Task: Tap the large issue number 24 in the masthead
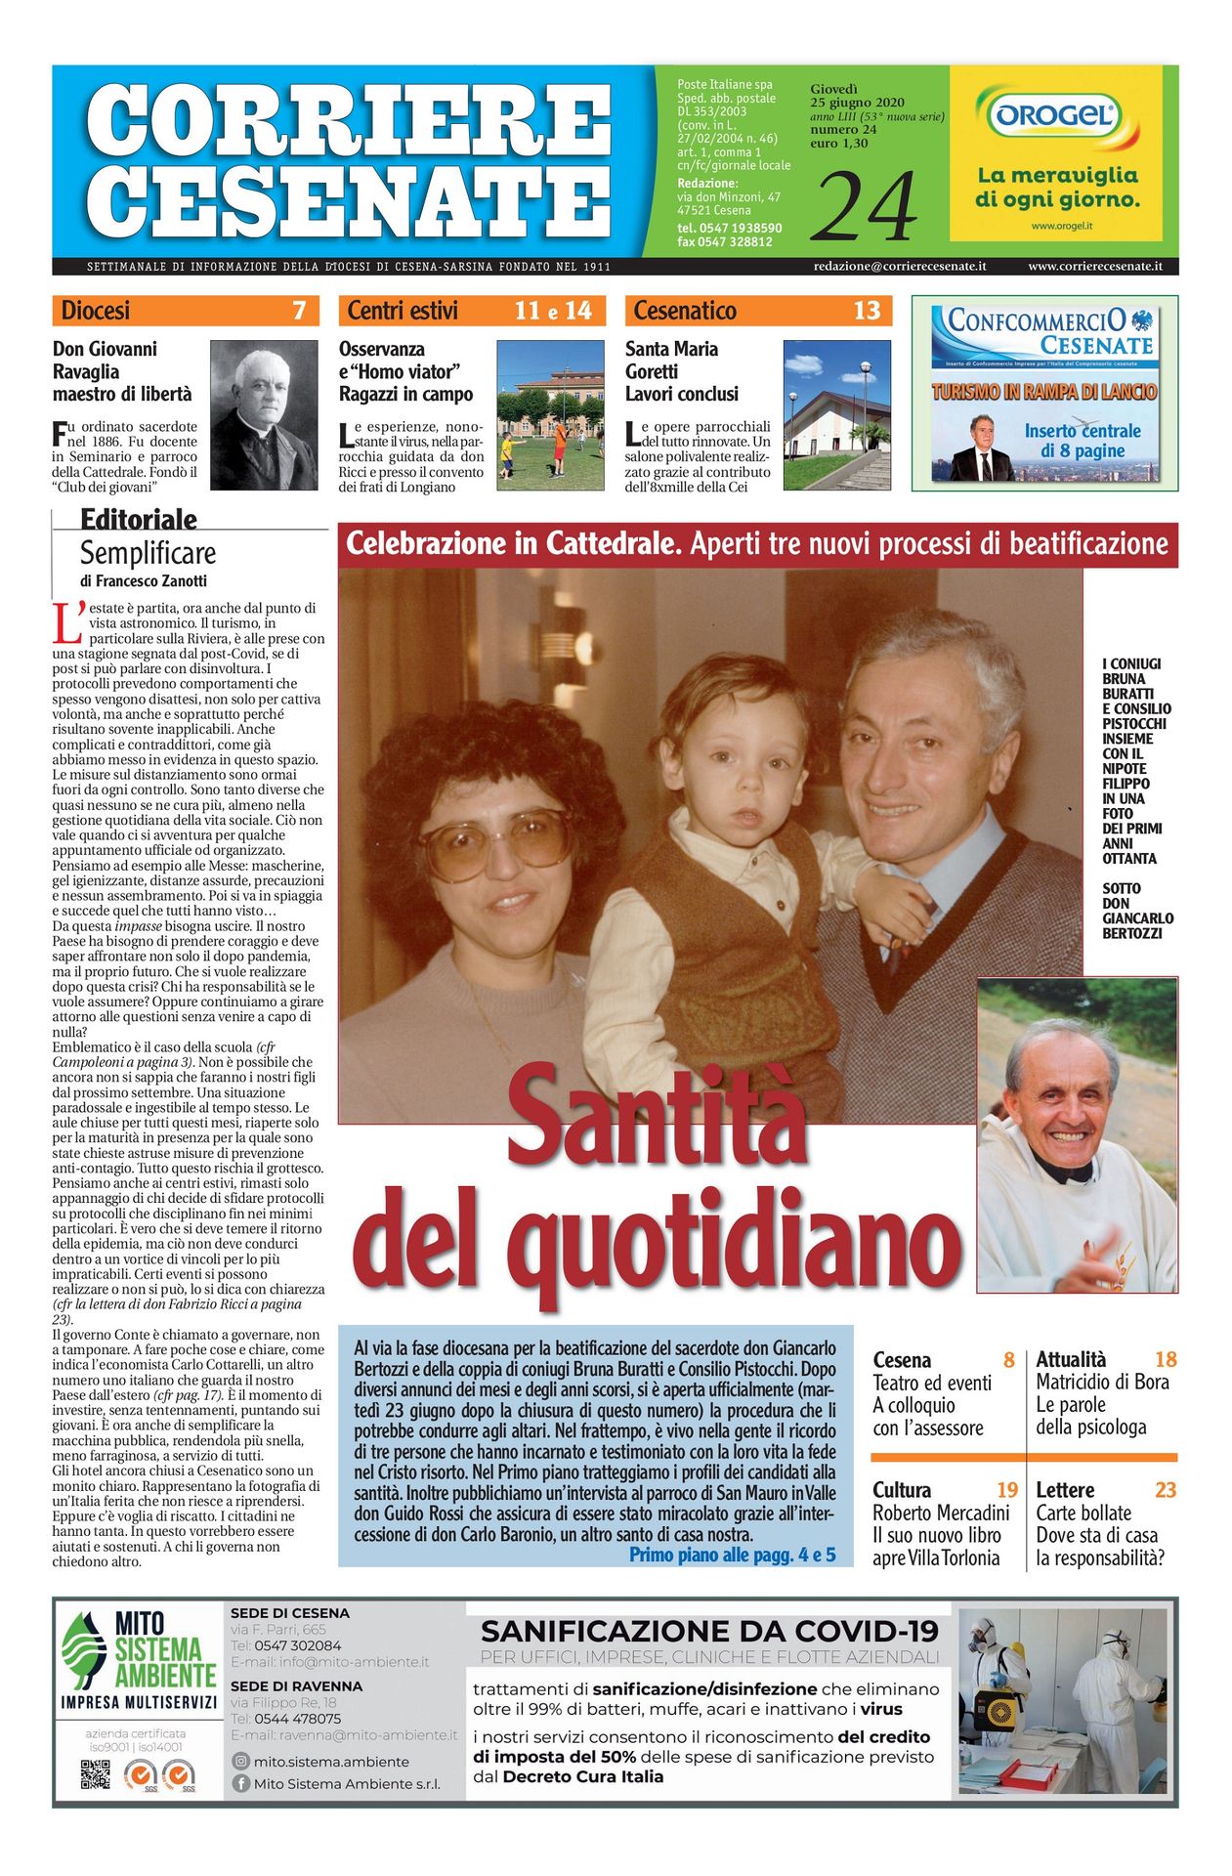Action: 864,206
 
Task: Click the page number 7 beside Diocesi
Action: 299,311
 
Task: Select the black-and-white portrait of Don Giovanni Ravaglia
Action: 264,414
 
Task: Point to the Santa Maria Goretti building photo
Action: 836,414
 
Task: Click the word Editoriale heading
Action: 139,519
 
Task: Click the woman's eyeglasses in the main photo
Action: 495,842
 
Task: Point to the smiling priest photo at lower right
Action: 1077,1133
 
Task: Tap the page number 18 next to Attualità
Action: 1165,1359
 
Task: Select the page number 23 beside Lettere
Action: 1165,1490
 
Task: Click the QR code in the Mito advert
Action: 95,1773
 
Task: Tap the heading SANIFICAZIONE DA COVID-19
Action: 709,1631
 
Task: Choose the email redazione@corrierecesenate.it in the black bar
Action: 899,266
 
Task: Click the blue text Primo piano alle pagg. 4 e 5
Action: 732,1555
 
